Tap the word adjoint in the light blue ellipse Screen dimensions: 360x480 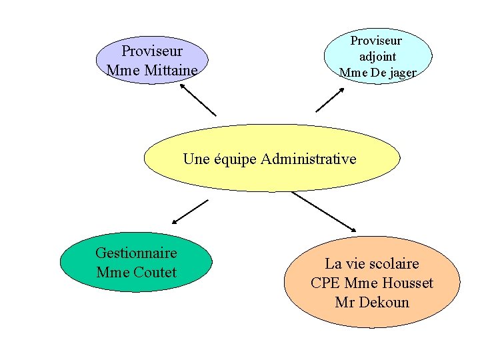[377, 57]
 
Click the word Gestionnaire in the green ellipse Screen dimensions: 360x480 [136, 253]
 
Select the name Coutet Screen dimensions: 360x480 [155, 272]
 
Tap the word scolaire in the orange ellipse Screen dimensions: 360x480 [393, 263]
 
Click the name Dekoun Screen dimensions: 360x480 [384, 302]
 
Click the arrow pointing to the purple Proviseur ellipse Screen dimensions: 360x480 [197, 99]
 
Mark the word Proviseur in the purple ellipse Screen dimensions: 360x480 [152, 51]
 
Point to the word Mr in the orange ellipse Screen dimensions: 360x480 [345, 302]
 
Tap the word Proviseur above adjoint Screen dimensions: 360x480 [377, 41]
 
